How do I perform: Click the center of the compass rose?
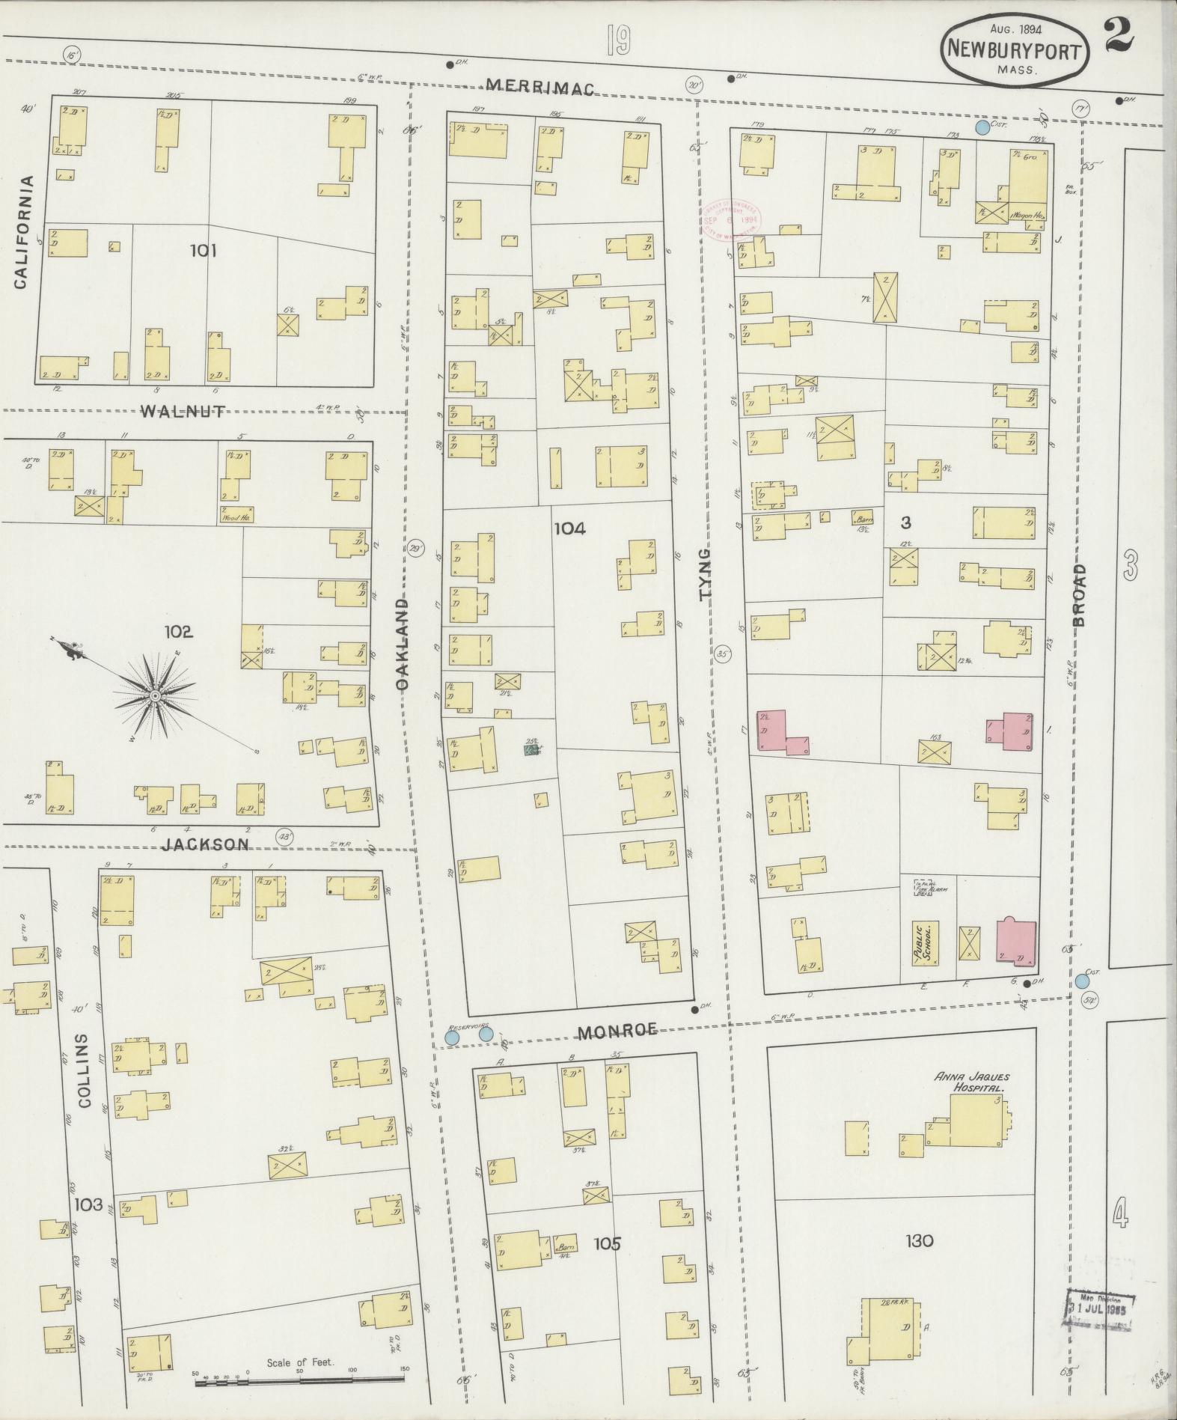(x=155, y=696)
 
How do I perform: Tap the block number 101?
(x=203, y=250)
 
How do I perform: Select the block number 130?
(x=919, y=1241)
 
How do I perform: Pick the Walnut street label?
(x=182, y=410)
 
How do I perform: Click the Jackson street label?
(x=206, y=844)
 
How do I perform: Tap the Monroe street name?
(x=617, y=1032)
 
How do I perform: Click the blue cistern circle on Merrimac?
(x=982, y=128)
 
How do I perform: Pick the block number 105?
(x=607, y=1244)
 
